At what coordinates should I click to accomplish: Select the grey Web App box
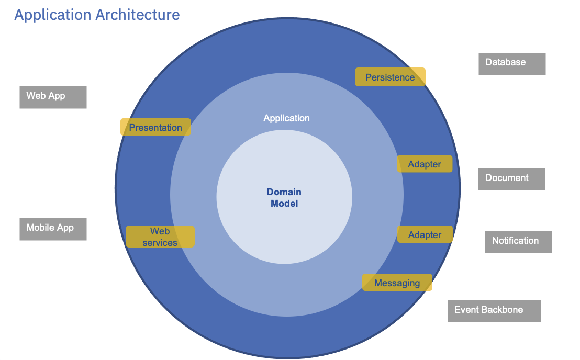pyautogui.click(x=53, y=97)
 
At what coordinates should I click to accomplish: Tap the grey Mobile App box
pyautogui.click(x=53, y=229)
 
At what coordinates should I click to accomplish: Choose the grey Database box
pyautogui.click(x=512, y=64)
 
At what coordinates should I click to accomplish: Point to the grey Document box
pyautogui.click(x=512, y=179)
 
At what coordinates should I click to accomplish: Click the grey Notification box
pyautogui.click(x=518, y=242)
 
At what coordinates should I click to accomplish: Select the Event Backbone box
pyautogui.click(x=494, y=311)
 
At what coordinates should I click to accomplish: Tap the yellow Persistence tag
pyautogui.click(x=390, y=77)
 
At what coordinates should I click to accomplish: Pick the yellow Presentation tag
pyautogui.click(x=155, y=127)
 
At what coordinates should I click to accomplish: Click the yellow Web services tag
pyautogui.click(x=160, y=237)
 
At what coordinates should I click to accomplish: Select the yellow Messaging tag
pyautogui.click(x=397, y=283)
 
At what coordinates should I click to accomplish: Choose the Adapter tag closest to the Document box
pyautogui.click(x=425, y=164)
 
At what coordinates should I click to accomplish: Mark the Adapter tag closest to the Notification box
pyautogui.click(x=425, y=234)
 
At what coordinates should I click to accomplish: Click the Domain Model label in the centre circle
pyautogui.click(x=284, y=198)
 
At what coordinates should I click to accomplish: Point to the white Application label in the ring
pyautogui.click(x=286, y=118)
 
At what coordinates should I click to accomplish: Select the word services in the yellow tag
pyautogui.click(x=160, y=243)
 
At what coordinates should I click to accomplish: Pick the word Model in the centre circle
pyautogui.click(x=284, y=204)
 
